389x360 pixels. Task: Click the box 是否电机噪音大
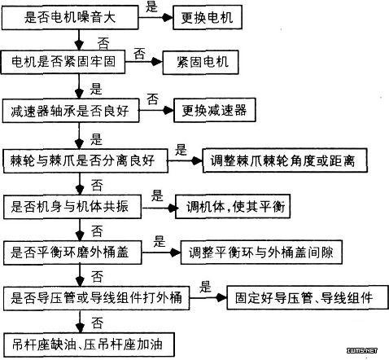[x=70, y=18]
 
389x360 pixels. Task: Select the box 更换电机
[x=208, y=18]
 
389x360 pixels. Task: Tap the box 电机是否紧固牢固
[x=63, y=62]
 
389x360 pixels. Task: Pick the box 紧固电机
[x=201, y=62]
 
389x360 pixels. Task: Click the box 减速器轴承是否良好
[x=71, y=111]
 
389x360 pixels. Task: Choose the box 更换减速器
[x=215, y=110]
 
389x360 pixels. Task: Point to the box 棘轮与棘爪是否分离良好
[x=85, y=160]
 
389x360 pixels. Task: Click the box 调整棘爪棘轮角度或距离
[x=285, y=160]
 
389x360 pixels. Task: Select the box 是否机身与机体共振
[x=72, y=207]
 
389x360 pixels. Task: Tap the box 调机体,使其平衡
[x=233, y=207]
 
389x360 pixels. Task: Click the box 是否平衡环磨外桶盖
[x=72, y=252]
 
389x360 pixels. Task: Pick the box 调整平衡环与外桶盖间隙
[x=261, y=252]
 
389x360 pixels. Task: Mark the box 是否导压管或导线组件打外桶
[x=96, y=298]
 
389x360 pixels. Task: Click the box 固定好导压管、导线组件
[x=308, y=297]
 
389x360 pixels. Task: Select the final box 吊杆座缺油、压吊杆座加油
[x=89, y=345]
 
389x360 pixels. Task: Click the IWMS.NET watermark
[x=362, y=350]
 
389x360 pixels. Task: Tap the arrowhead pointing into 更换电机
[x=168, y=18]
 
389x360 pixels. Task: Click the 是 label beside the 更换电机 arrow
[x=151, y=7]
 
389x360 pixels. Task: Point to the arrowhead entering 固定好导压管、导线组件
[x=221, y=298]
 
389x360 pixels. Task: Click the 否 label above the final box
[x=97, y=323]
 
